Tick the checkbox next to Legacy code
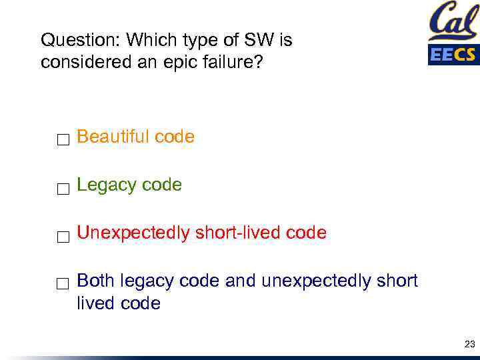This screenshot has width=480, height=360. coord(63,189)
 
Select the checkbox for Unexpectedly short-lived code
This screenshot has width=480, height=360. coord(63,237)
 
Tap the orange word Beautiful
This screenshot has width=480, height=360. coord(113,137)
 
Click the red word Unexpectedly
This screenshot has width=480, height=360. coord(133,233)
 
